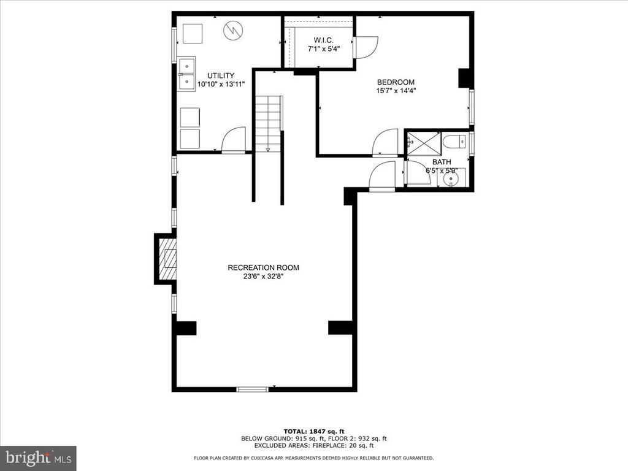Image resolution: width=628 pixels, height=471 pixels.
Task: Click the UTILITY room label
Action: (x=221, y=75)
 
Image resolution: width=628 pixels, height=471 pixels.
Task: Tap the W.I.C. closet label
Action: (x=324, y=40)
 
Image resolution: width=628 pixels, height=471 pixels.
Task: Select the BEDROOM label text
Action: (x=396, y=82)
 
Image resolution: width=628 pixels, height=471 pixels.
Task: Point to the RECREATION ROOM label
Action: (x=264, y=267)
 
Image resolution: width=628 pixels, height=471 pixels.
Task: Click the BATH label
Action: (x=442, y=162)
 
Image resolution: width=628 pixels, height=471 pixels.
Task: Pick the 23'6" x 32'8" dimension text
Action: (x=264, y=277)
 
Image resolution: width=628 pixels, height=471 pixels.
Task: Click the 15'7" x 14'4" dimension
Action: (x=396, y=91)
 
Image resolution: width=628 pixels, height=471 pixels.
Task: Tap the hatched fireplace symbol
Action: (x=167, y=259)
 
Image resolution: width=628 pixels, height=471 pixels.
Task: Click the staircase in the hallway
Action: (x=269, y=122)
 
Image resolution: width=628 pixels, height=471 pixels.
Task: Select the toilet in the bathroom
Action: (x=454, y=142)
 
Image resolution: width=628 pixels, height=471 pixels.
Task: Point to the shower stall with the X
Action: (x=423, y=142)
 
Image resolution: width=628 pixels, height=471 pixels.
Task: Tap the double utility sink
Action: (x=186, y=74)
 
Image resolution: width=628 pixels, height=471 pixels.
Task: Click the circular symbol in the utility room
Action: (x=233, y=30)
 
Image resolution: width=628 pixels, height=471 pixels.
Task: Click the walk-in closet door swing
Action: (x=366, y=47)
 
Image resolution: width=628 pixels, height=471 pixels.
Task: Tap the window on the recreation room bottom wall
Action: (x=252, y=389)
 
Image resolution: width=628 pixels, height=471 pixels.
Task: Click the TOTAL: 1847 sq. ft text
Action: (x=314, y=431)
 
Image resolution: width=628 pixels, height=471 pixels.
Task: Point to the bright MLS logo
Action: (x=38, y=458)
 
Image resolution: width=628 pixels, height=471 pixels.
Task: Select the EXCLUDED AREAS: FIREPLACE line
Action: (x=314, y=445)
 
